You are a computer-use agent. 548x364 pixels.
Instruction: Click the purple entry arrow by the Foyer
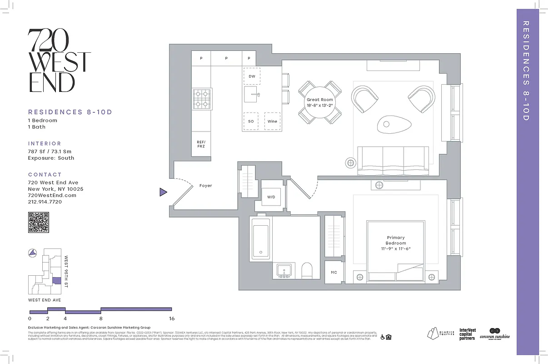coord(163,192)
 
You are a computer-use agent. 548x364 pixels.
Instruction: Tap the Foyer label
coord(205,186)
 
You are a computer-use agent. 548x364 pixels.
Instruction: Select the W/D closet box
coord(271,197)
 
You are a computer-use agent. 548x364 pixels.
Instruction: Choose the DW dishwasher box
coord(251,76)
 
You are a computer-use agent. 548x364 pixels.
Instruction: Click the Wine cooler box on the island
coord(272,121)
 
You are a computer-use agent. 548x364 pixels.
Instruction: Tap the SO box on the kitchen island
coord(251,121)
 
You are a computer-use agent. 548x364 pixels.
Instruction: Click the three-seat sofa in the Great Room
coord(393,160)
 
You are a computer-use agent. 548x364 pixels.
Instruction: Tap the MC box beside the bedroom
coord(334,272)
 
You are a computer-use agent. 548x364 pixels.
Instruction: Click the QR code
coord(39,222)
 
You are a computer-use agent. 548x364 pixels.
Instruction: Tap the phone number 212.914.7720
coord(45,202)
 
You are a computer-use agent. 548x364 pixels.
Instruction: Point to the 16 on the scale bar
coord(171,318)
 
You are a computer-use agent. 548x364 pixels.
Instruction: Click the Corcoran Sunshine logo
coord(494,334)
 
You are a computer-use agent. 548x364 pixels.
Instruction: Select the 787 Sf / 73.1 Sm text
coord(50,152)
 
